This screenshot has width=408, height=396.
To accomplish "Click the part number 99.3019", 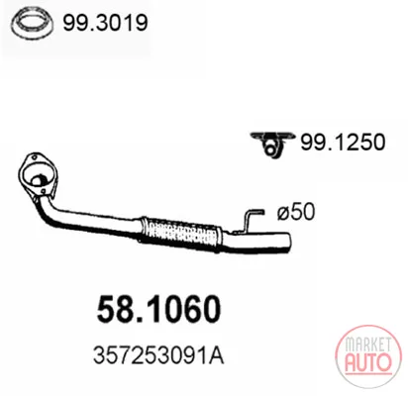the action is coord(105,23).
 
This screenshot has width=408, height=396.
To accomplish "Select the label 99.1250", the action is coord(343,142).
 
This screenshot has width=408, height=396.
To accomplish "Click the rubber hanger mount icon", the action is coord(272,144).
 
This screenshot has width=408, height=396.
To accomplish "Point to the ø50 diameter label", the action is coord(296,211).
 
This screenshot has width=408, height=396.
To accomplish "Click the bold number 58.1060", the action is coord(158,309).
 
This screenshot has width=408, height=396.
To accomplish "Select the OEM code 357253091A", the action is coord(158,356).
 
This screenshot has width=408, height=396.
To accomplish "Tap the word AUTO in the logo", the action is coord(368,361).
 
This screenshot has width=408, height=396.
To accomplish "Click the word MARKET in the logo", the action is coord(367,345).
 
